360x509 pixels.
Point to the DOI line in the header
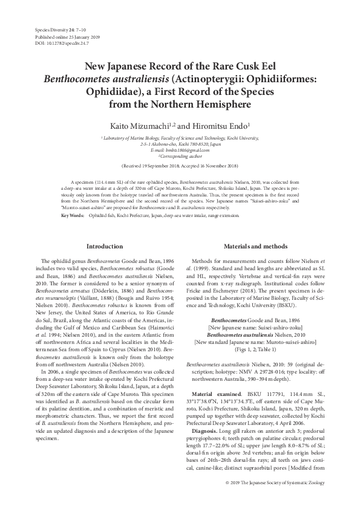click(x=54, y=44)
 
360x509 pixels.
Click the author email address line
click(x=180, y=150)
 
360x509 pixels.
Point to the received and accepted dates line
click(x=180, y=165)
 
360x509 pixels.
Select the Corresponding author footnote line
click(x=180, y=155)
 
